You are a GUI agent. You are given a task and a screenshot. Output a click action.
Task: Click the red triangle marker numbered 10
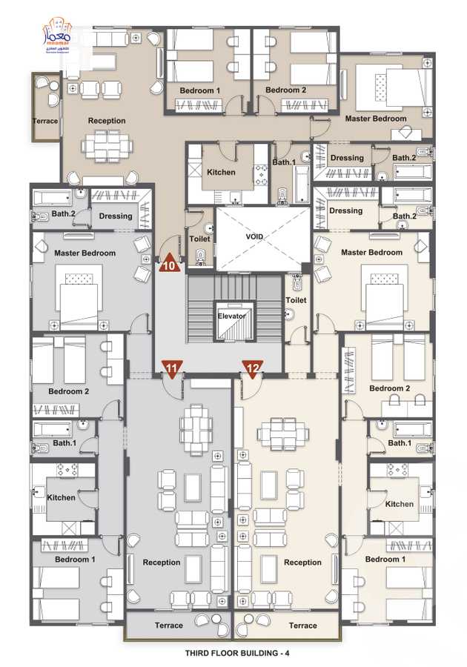(169, 264)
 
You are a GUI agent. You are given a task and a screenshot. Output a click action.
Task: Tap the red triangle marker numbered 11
(172, 368)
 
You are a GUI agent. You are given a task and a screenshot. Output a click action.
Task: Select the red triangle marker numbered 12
(253, 368)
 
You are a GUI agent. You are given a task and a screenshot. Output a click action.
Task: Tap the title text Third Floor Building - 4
(233, 654)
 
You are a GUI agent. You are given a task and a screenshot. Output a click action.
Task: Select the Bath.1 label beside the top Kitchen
(284, 162)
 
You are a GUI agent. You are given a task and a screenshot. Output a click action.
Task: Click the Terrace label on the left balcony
(45, 121)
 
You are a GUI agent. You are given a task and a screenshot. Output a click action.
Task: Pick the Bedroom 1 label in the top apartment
(199, 90)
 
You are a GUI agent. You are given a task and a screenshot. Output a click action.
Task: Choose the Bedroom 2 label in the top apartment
(285, 90)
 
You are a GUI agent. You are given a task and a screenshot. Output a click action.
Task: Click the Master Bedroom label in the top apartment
(376, 119)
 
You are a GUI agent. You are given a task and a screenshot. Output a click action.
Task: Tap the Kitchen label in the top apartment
(221, 172)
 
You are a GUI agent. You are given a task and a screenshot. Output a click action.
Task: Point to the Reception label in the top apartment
(107, 121)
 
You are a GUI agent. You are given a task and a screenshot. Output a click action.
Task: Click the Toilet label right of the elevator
(296, 300)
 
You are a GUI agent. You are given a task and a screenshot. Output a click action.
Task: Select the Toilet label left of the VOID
(199, 239)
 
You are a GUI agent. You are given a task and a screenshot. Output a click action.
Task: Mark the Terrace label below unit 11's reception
(168, 625)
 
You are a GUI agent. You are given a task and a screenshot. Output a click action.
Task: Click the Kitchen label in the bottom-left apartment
(61, 497)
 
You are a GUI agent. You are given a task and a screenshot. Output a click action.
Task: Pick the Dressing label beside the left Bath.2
(115, 216)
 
